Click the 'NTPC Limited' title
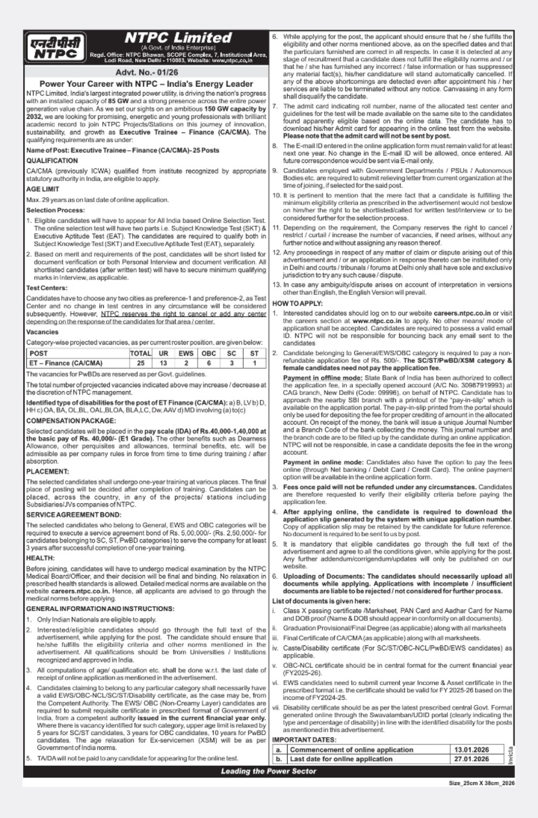click(x=178, y=38)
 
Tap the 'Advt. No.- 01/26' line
click(x=146, y=72)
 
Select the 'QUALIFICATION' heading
click(x=52, y=160)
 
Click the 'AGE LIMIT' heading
click(x=43, y=189)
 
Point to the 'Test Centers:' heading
click(x=47, y=288)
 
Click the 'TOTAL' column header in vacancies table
click(x=140, y=353)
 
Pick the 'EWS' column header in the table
click(x=186, y=353)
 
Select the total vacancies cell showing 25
click(x=140, y=363)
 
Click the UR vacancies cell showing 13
click(x=163, y=363)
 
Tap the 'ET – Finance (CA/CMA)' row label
click(x=66, y=363)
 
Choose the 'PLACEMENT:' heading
click(x=48, y=471)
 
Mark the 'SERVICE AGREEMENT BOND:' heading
click(x=73, y=515)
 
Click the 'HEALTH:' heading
click(x=40, y=558)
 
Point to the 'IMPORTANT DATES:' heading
click(x=304, y=740)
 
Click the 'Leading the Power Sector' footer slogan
click(x=268, y=771)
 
